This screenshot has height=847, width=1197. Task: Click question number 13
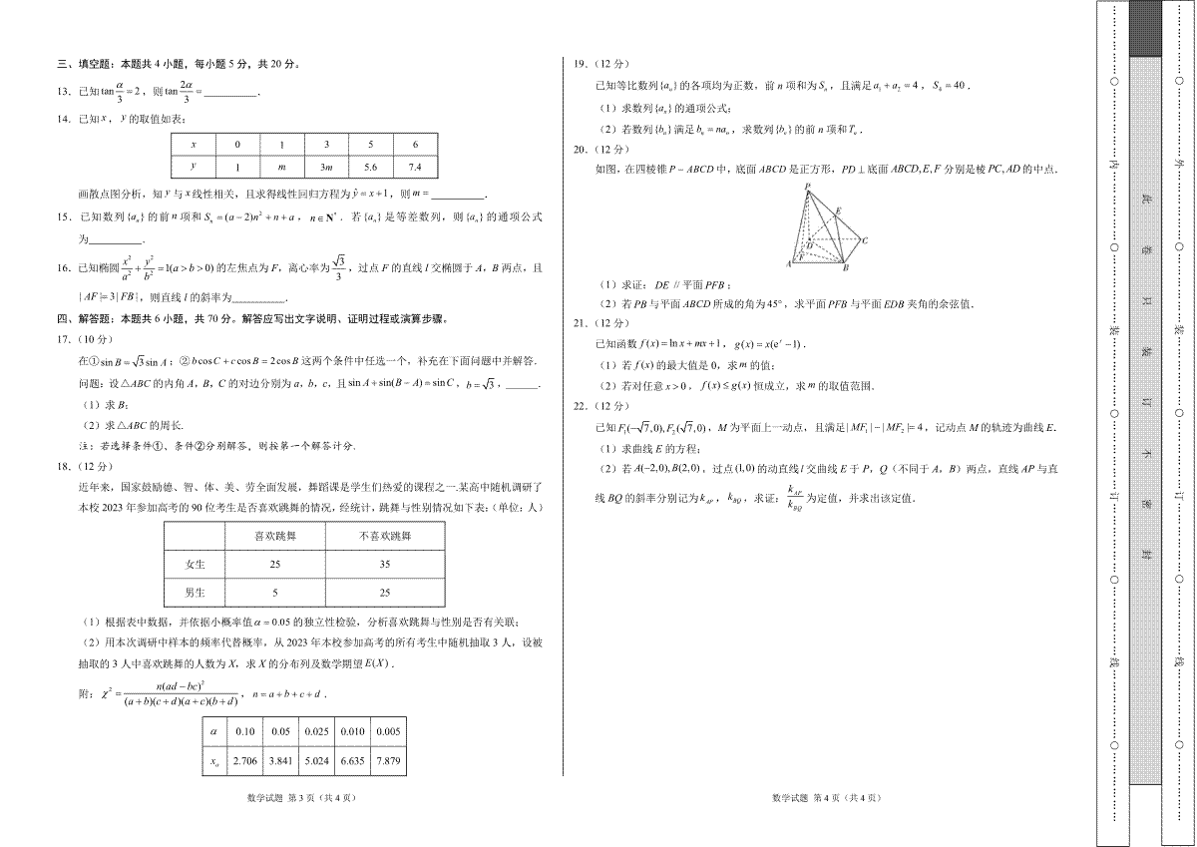[63, 92]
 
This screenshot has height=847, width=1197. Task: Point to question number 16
[63, 268]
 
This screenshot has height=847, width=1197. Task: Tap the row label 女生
[196, 564]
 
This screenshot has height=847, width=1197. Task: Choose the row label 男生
[196, 593]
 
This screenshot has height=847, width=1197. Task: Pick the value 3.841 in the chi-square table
[280, 761]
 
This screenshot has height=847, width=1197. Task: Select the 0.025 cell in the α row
[317, 731]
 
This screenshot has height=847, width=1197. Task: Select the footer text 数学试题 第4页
[827, 797]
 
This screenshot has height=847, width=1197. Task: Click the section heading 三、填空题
[87, 65]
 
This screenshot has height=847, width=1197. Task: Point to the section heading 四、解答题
[87, 319]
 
